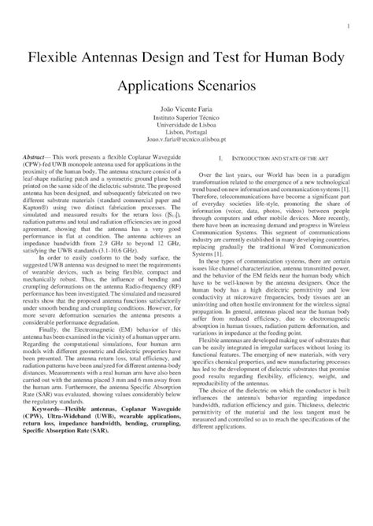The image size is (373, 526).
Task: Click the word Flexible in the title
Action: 58,57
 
